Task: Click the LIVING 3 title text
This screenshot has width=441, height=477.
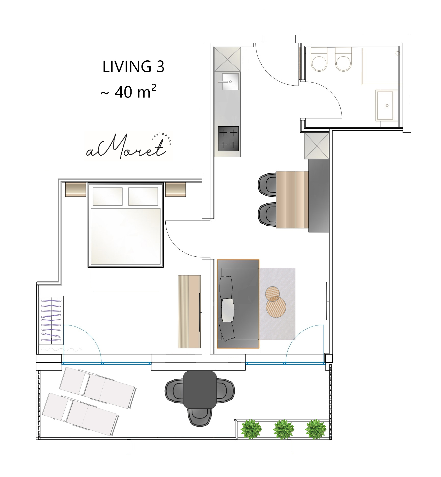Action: pos(133,66)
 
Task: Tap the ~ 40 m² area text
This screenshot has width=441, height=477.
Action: pos(129,91)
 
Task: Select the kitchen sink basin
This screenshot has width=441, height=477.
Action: pos(230,82)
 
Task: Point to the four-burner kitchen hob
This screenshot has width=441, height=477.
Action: pos(228,139)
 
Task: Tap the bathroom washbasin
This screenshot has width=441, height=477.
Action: pos(385,105)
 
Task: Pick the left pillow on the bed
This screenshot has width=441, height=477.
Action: pos(108,196)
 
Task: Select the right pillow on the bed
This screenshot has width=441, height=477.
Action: pos(143,196)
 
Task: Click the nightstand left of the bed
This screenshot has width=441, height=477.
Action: pos(76,189)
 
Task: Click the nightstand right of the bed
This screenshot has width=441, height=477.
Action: pos(176,189)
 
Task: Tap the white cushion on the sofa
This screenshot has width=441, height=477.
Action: pos(228,310)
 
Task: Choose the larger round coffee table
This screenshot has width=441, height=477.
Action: pos(276,307)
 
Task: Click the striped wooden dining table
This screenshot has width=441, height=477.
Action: pos(292,200)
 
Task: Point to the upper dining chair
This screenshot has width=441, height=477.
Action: pos(267,185)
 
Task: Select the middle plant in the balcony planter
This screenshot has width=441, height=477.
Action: pos(283,429)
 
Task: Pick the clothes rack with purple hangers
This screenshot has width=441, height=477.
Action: pos(51,320)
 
